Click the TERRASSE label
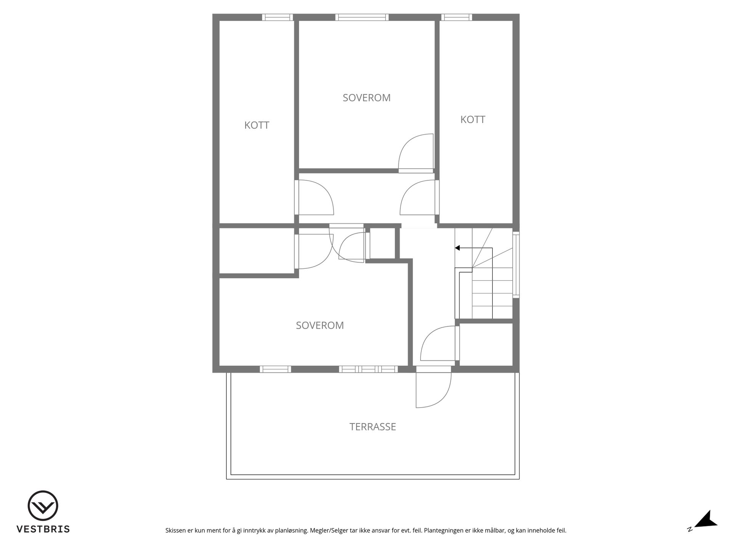(372, 427)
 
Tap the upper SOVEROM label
(366, 98)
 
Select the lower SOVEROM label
(320, 325)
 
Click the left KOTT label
(257, 125)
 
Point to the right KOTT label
(473, 119)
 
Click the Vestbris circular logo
(43, 506)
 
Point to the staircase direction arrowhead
(457, 248)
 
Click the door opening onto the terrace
(433, 387)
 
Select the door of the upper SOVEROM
(416, 153)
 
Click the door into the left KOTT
(314, 197)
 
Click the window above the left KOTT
(278, 17)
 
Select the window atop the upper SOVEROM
(362, 17)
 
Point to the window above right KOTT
(457, 17)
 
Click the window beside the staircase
(516, 265)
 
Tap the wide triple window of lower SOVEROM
(369, 369)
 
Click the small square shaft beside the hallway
(382, 243)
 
